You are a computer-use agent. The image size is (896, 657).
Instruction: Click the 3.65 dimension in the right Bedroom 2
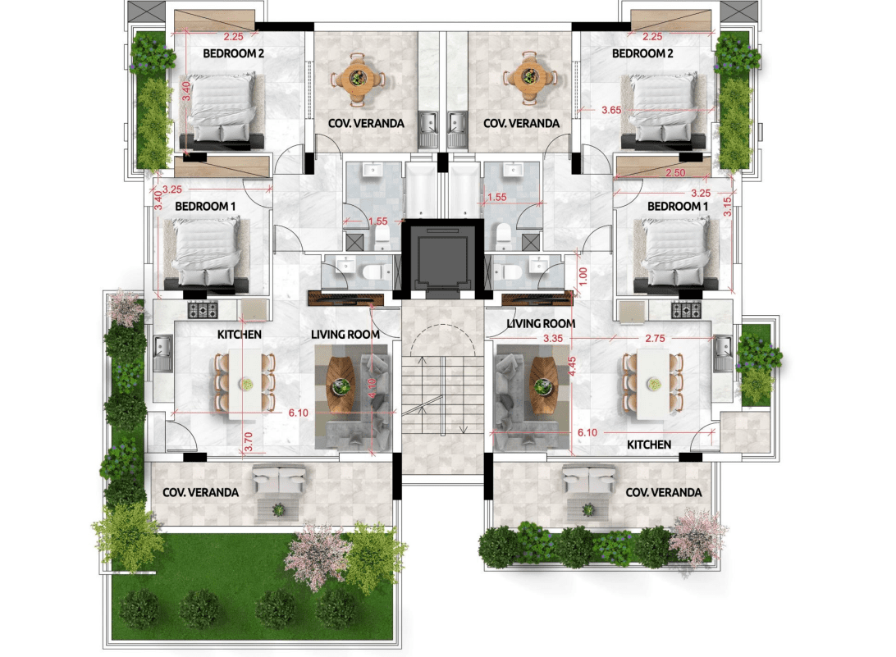(611, 110)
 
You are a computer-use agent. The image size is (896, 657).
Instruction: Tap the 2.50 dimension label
(675, 172)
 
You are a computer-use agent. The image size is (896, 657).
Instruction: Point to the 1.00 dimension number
(583, 276)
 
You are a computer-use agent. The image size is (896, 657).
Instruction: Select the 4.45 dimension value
(572, 366)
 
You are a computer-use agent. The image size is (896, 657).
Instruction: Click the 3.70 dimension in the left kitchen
(248, 441)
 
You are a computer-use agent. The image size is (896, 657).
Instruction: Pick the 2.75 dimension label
(655, 338)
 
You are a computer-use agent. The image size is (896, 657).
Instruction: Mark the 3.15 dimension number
(728, 206)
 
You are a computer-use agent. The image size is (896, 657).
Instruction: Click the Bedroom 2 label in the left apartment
(233, 53)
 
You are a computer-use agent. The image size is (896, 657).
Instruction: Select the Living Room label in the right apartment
(541, 323)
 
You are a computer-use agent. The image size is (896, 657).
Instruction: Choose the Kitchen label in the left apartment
(240, 334)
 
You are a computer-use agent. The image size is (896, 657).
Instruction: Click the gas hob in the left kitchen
(203, 310)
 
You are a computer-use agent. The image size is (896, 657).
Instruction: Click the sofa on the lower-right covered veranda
(588, 478)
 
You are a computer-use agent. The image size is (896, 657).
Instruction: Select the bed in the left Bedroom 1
(206, 254)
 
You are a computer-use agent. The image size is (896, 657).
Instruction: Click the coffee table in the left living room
(342, 385)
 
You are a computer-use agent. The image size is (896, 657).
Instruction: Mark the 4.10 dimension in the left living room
(373, 389)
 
